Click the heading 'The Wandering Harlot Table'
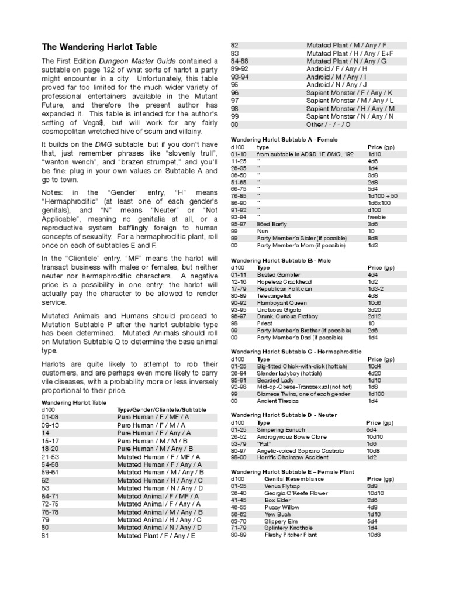click(99, 47)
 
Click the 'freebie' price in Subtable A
click(377, 216)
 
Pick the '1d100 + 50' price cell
click(383, 195)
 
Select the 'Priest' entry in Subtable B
click(265, 323)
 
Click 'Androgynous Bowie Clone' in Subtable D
click(292, 436)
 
